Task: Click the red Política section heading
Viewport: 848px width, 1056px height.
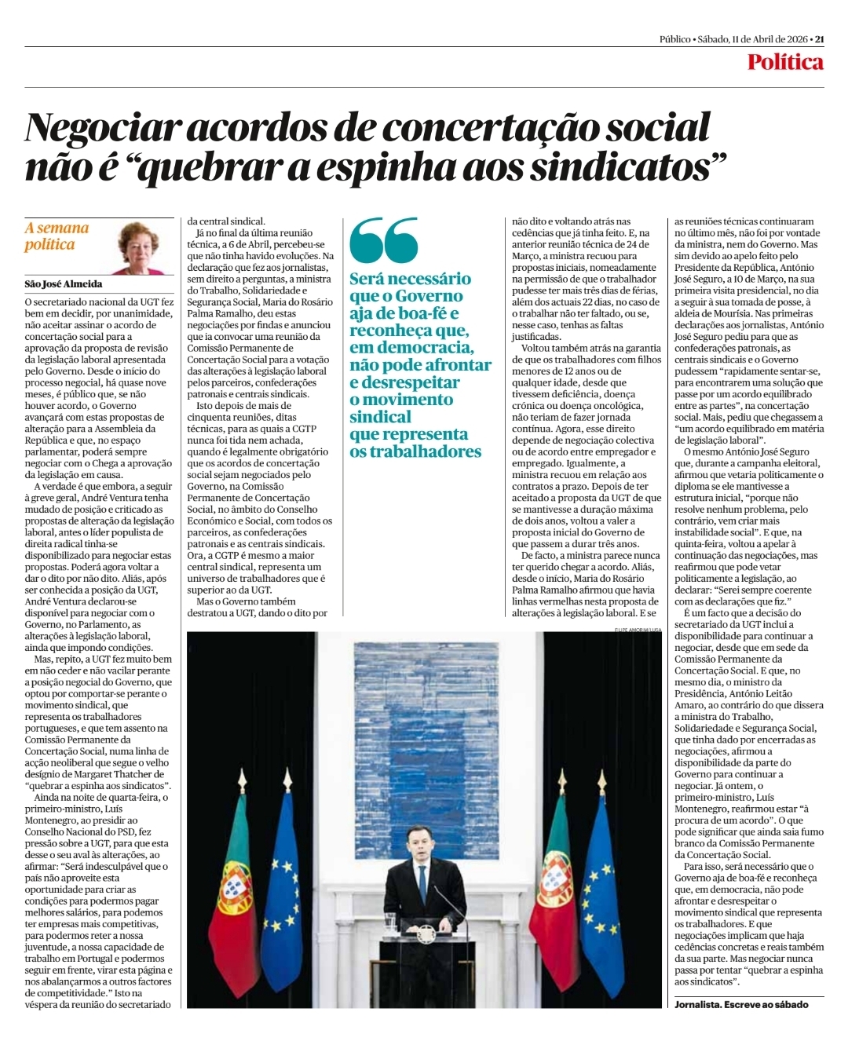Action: (784, 62)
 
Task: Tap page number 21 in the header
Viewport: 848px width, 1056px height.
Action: (819, 39)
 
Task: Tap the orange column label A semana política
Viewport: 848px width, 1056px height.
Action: (57, 236)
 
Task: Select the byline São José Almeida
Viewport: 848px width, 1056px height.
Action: (64, 284)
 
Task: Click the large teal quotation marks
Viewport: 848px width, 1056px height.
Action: (384, 240)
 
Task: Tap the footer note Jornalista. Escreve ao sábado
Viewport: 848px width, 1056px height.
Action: (740, 1004)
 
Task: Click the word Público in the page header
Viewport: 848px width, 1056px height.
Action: (675, 39)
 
